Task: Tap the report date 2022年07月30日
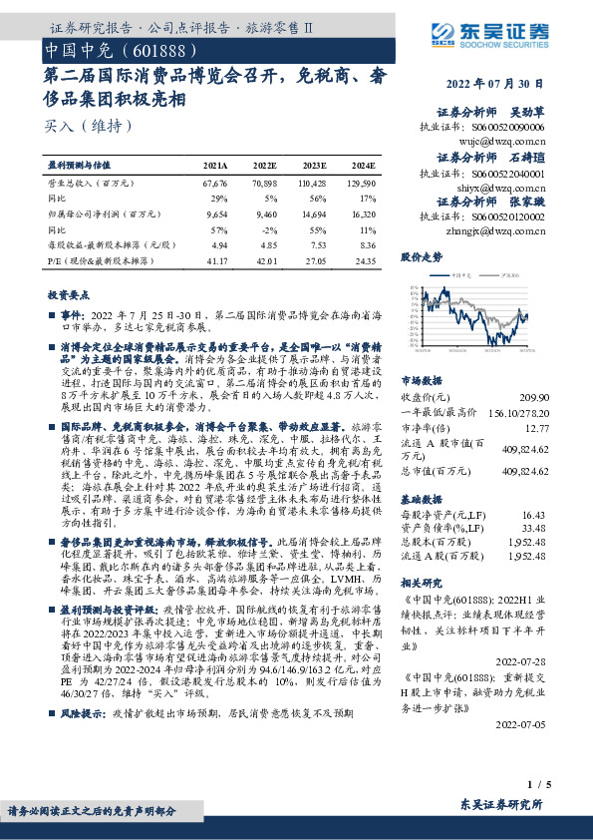tap(499, 84)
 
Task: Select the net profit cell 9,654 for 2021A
tap(216, 213)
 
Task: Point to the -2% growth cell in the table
tap(270, 229)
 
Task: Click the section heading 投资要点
tap(68, 295)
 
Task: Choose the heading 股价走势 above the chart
tap(421, 256)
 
